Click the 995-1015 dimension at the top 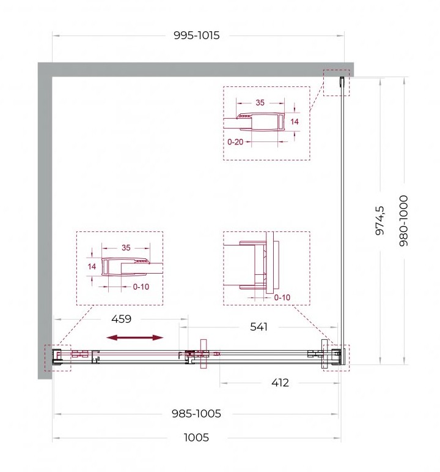[197, 36]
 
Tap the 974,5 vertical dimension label [380, 220]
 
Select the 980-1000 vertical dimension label [403, 220]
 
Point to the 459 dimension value [122, 319]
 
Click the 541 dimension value [258, 327]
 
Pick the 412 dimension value [280, 383]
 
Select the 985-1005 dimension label [196, 414]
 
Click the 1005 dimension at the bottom [196, 437]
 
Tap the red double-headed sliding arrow [135, 338]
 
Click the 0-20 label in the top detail [235, 142]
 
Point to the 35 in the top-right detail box [260, 103]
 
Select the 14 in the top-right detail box [295, 122]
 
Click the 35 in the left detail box [126, 248]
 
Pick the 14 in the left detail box [92, 266]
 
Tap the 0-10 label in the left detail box [141, 287]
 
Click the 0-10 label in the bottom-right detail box [282, 298]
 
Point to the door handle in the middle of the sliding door [204, 354]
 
